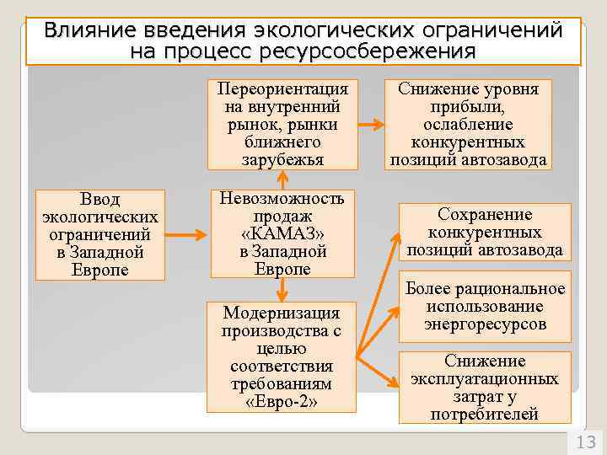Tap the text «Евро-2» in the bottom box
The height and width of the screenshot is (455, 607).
point(282,401)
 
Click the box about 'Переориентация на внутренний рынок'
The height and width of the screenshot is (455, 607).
point(282,125)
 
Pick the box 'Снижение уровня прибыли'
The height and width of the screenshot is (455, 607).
point(468,125)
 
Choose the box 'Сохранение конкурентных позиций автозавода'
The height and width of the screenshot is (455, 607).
point(484,232)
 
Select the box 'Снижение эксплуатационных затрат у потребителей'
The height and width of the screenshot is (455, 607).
point(484,387)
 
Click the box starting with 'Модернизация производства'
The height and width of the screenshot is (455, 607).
point(282,356)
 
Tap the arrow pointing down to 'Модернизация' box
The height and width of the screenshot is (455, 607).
point(282,288)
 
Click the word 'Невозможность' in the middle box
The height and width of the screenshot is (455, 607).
point(282,199)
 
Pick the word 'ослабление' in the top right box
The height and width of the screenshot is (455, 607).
point(468,125)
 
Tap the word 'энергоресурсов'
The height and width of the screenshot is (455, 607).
point(485,324)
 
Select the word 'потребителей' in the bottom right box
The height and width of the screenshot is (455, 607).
point(484,414)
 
